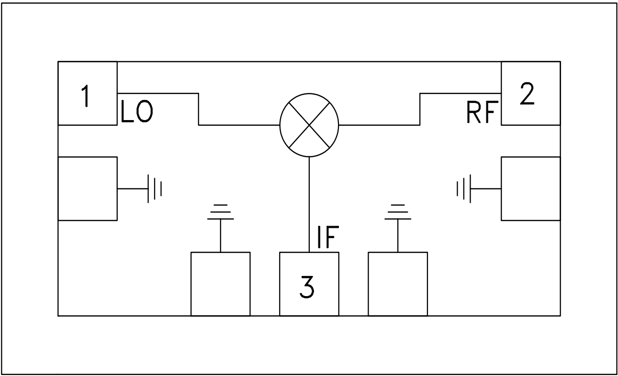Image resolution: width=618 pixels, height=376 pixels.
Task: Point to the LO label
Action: (x=136, y=114)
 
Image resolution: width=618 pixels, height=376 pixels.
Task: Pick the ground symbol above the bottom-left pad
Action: (x=220, y=212)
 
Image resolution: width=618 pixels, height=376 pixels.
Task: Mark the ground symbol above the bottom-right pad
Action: (x=398, y=212)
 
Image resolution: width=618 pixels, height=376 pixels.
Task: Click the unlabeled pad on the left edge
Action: (x=88, y=188)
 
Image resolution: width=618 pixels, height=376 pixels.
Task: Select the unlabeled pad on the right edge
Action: (x=530, y=188)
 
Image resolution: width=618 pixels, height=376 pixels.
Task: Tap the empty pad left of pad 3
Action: (x=220, y=284)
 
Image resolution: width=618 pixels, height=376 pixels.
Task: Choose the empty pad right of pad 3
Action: (x=398, y=284)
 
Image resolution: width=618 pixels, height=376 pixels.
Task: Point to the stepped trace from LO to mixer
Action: (x=199, y=110)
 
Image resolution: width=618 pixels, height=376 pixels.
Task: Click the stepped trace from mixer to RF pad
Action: (x=420, y=110)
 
